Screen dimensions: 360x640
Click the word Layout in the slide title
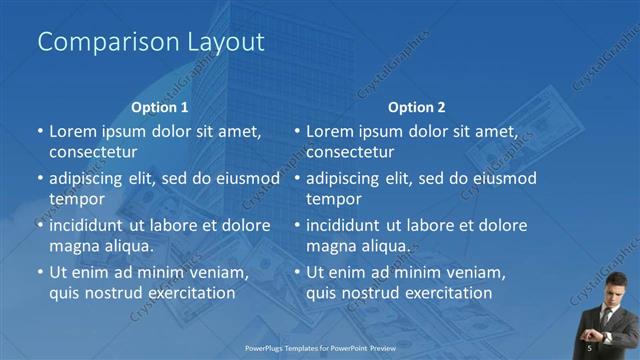click(225, 42)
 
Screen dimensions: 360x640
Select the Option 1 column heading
click(160, 107)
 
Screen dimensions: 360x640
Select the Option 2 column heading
click(417, 107)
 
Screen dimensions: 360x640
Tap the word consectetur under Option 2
click(350, 152)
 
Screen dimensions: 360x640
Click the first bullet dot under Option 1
click(40, 131)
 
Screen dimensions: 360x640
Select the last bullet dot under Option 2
click(297, 272)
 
